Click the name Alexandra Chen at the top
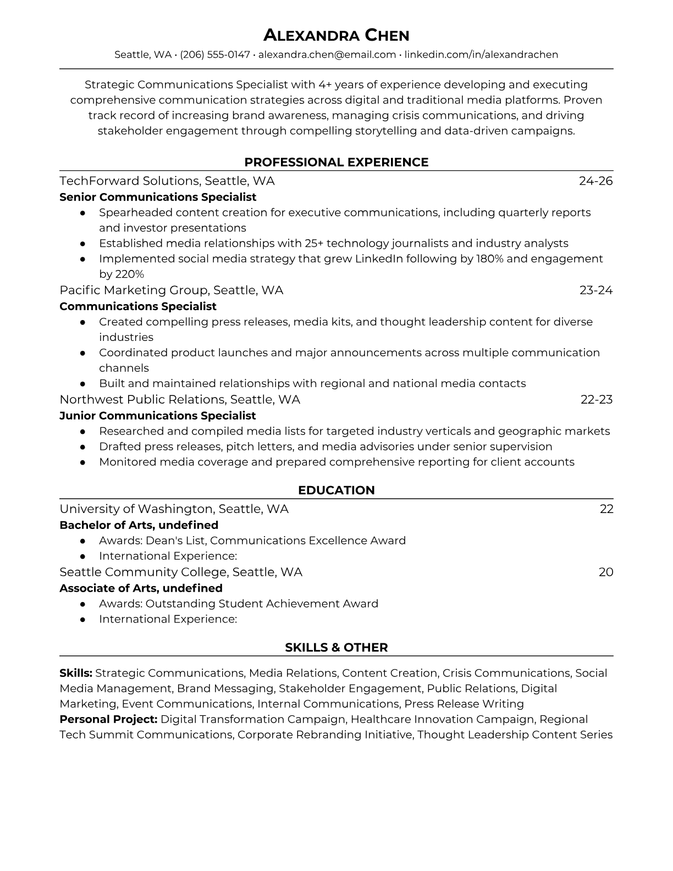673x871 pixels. click(336, 36)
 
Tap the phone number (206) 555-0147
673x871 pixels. click(215, 54)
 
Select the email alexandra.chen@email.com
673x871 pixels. click(327, 54)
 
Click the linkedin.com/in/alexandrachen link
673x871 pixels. click(481, 54)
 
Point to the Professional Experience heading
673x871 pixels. click(336, 162)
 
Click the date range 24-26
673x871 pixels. click(595, 181)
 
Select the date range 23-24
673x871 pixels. click(596, 290)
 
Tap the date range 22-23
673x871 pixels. click(597, 400)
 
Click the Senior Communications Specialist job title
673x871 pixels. click(158, 197)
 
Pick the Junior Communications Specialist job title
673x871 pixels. click(158, 416)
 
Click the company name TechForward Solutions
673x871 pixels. click(129, 181)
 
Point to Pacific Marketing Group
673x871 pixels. click(134, 290)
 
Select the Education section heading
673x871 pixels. click(336, 490)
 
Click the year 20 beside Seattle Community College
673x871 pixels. click(606, 572)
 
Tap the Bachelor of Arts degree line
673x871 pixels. click(139, 525)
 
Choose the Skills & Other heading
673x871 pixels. click(336, 648)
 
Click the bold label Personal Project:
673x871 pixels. click(108, 719)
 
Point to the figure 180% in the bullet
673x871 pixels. click(489, 259)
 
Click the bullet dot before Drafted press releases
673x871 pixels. click(82, 447)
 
